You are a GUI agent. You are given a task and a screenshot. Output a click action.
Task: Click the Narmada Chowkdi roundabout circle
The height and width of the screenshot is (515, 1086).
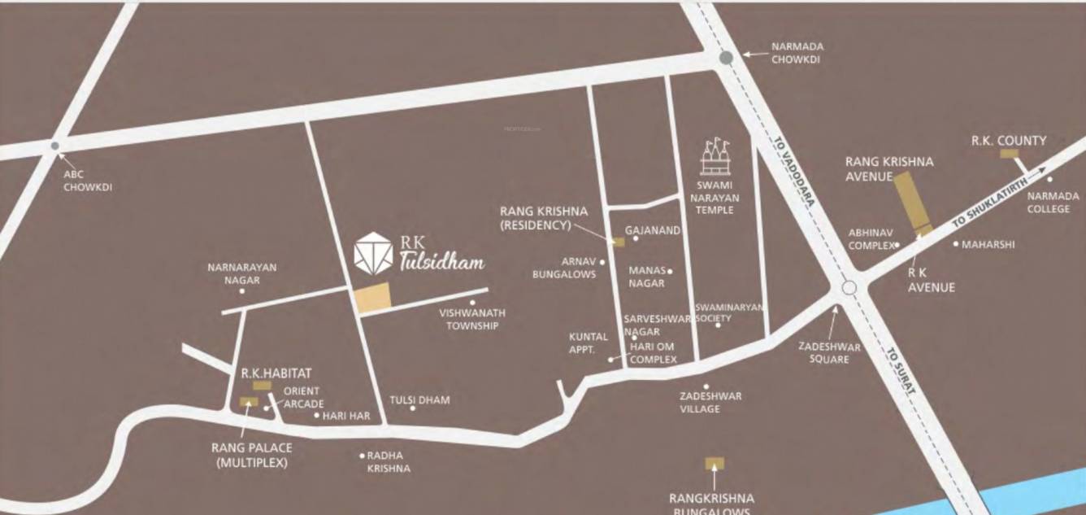tap(726, 57)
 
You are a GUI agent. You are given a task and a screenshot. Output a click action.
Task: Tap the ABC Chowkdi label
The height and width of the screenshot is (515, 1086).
tap(87, 181)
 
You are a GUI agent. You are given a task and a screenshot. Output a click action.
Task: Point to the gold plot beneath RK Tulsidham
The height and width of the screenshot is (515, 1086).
tap(372, 299)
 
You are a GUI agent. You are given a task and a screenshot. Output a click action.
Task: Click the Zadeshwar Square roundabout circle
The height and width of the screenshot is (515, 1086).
tap(849, 287)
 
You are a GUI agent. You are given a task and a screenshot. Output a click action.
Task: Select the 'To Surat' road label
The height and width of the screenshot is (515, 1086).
tap(901, 372)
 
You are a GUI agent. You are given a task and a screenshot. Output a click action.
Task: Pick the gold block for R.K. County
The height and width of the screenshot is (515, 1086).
tap(1009, 153)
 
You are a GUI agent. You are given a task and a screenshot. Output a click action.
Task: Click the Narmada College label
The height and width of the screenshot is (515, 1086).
tap(1053, 202)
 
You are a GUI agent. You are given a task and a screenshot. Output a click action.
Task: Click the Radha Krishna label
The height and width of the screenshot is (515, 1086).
tap(389, 462)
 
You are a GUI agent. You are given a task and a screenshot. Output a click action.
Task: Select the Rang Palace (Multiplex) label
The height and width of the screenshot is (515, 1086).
tap(251, 455)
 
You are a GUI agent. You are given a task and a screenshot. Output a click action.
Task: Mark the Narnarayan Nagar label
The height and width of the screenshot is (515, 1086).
tap(241, 273)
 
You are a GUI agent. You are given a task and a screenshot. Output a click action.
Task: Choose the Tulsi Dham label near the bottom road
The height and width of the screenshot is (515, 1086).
tap(419, 400)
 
